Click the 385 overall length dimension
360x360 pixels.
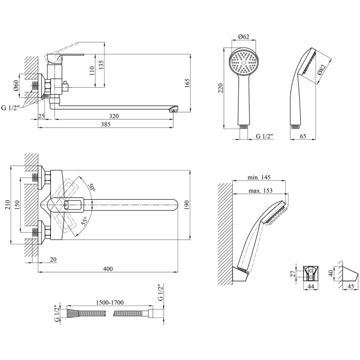[x=106, y=124]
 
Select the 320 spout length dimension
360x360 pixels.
[x=114, y=116]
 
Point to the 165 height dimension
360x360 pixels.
[x=187, y=83]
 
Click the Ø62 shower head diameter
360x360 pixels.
[x=243, y=36]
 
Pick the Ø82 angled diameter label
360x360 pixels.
[x=322, y=70]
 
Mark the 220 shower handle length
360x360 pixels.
[x=220, y=88]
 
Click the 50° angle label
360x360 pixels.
[x=92, y=187]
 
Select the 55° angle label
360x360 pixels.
[x=84, y=221]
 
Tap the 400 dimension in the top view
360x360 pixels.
[x=108, y=269]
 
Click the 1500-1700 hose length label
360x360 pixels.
[x=110, y=302]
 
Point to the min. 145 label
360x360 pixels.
[x=259, y=177]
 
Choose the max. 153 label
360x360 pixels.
[x=261, y=190]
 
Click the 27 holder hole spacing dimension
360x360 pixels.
[x=293, y=274]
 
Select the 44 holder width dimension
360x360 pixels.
[x=310, y=286]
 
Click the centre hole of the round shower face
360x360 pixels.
[x=244, y=62]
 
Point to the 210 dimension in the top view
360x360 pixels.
[x=8, y=205]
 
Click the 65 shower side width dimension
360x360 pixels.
[x=303, y=136]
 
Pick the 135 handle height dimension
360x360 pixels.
[x=101, y=65]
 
